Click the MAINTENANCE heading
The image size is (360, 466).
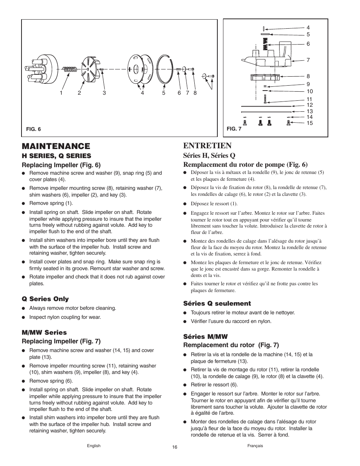click(x=56, y=146)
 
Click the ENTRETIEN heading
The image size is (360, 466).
click(x=207, y=146)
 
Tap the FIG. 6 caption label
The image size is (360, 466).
click(x=33, y=129)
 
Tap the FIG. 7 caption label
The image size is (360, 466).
click(x=234, y=129)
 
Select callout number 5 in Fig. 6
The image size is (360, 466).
click(x=164, y=93)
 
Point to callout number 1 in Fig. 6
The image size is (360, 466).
click(x=60, y=93)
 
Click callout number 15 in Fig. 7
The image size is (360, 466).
click(x=309, y=123)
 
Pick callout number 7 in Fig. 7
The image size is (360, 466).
click(x=308, y=60)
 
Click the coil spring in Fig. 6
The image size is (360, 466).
click(x=70, y=69)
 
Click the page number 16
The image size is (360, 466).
click(x=174, y=447)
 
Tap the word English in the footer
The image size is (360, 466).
click(x=94, y=446)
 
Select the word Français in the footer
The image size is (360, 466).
click(x=255, y=446)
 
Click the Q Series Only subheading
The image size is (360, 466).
click(x=45, y=299)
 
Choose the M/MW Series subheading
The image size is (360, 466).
click(x=44, y=332)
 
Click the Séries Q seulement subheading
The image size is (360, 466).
click(x=217, y=303)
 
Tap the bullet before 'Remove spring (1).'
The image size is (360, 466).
click(x=23, y=204)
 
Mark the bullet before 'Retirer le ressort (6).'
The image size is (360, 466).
click(x=185, y=385)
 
